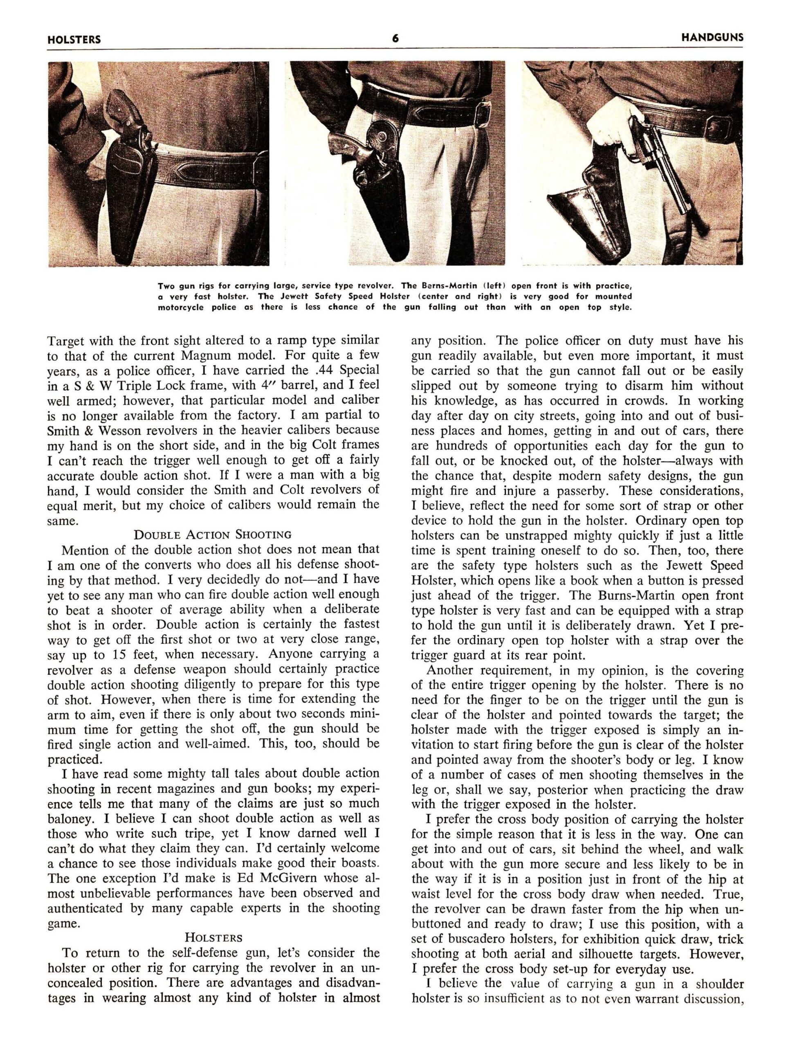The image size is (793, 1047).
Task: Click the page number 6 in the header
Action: tap(395, 39)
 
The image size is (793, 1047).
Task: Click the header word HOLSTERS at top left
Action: tap(74, 40)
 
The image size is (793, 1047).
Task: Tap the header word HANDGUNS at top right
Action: tap(712, 38)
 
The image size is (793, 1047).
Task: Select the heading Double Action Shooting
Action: tap(213, 535)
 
